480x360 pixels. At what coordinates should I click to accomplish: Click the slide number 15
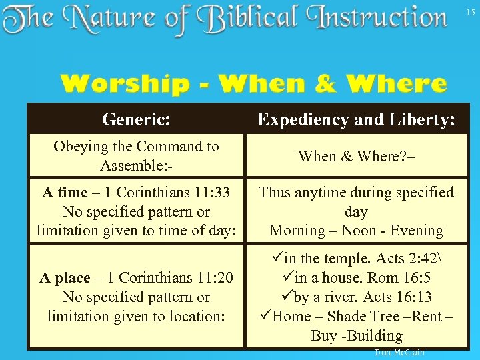pos(471,12)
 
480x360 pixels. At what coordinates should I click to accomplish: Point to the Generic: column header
pos(136,119)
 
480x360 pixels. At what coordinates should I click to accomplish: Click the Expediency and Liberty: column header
pos(356,119)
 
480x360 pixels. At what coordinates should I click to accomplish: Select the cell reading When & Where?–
pos(356,156)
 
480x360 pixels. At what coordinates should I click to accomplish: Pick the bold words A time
pos(65,193)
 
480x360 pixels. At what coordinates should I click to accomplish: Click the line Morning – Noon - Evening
pos(356,231)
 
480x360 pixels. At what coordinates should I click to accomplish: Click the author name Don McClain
pos(399,352)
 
